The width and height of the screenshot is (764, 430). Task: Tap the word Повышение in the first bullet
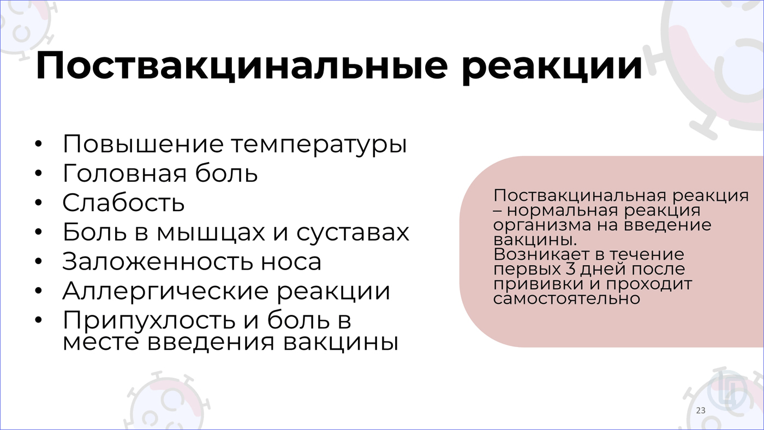pyautogui.click(x=143, y=144)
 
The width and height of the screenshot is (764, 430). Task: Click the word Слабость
pyautogui.click(x=123, y=202)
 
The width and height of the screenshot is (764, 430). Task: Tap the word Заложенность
pyautogui.click(x=157, y=262)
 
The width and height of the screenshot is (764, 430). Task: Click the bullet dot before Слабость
pyautogui.click(x=38, y=202)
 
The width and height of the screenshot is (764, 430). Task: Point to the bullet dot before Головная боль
pyautogui.click(x=38, y=173)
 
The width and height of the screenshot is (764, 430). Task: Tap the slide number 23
pyautogui.click(x=701, y=410)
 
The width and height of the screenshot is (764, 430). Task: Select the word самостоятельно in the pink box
pyautogui.click(x=566, y=299)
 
